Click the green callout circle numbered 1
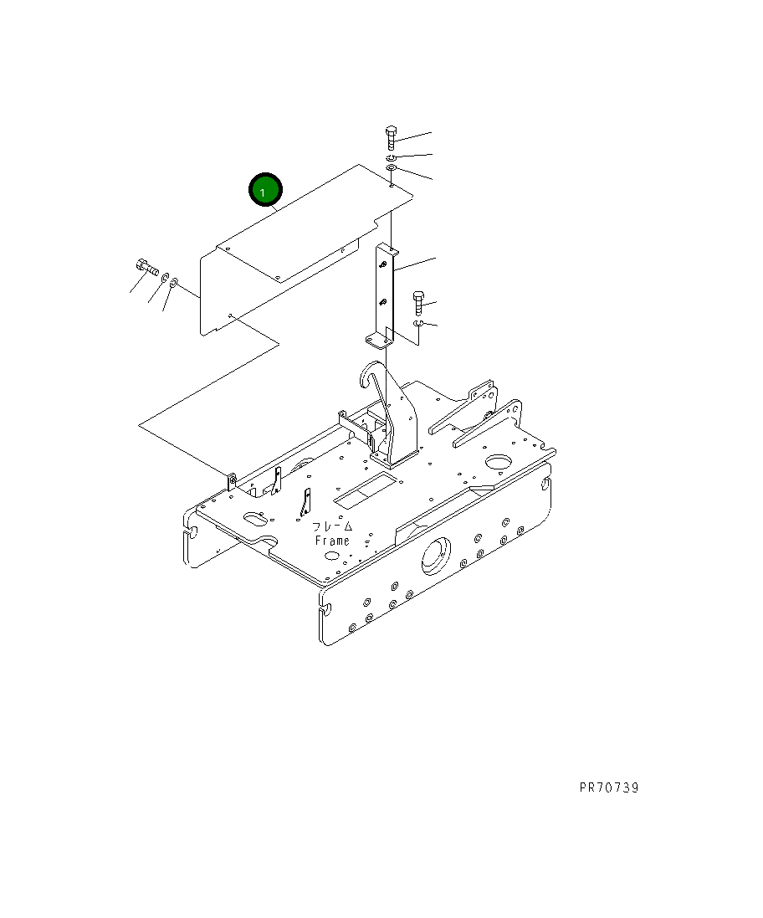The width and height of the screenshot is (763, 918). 266,190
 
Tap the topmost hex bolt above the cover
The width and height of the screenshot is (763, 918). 391,137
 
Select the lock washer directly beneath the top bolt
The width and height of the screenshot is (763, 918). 391,158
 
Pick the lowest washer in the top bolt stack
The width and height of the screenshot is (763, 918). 391,169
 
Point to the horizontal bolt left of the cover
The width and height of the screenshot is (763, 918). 147,268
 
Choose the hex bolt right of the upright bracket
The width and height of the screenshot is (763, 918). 418,302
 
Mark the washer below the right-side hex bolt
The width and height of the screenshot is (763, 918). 417,324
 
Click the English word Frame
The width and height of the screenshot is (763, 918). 332,541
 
